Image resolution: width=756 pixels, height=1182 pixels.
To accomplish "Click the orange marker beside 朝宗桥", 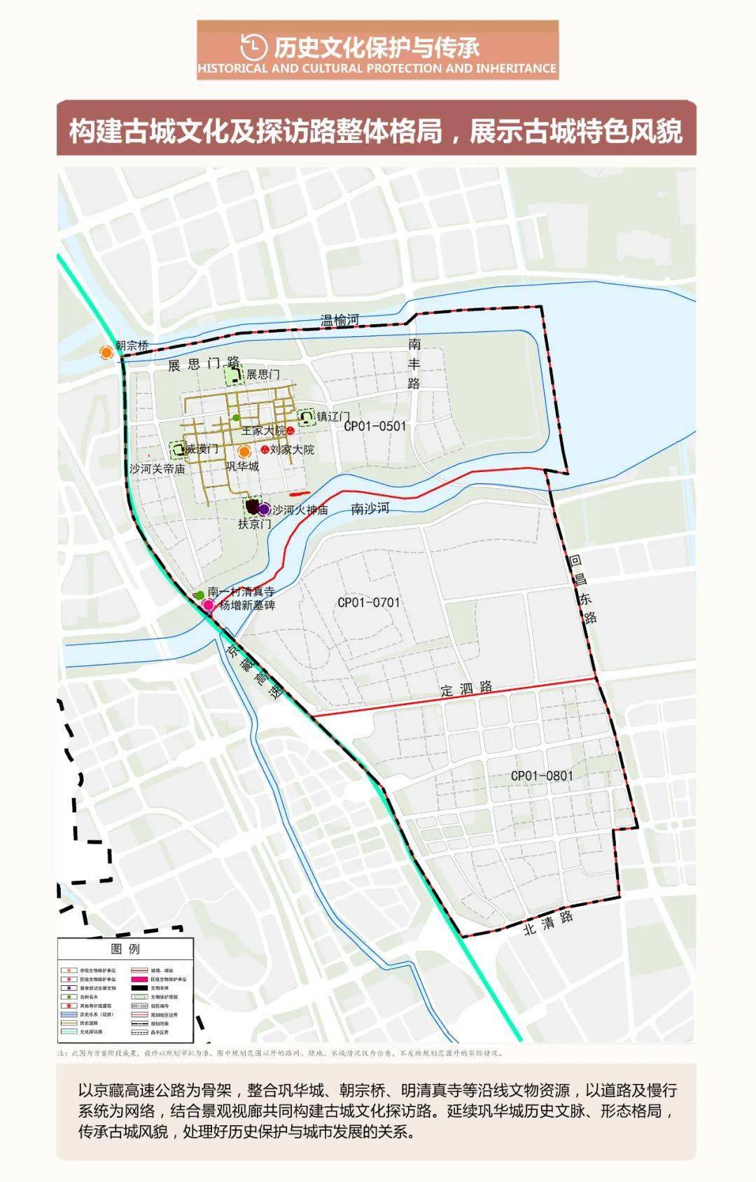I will point(106,352).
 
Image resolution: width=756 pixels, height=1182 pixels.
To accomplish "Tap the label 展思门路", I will point(204,364).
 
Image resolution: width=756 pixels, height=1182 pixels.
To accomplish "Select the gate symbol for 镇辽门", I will point(306,418).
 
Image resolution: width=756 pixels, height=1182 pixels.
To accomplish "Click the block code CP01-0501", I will point(375,426).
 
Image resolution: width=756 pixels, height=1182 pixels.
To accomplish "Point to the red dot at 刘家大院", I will point(265,449).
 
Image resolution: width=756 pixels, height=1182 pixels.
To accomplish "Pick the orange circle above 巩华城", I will point(244,452).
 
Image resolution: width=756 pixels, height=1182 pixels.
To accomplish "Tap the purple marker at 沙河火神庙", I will point(264,509).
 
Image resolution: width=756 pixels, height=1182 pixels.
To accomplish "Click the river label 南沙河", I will point(370,508).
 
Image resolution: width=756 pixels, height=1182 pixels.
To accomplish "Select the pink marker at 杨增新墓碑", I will point(208,605).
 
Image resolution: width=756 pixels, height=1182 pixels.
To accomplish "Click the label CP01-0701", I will point(369,602).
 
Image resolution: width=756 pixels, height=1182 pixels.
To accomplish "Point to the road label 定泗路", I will point(466,688).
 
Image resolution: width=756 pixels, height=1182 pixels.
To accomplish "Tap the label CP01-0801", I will point(542,776).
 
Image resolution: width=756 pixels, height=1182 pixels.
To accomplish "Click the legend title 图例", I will point(125,949).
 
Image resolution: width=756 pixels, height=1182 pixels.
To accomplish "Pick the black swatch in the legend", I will point(140,988).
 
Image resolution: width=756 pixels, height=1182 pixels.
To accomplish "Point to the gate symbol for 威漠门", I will point(177,449).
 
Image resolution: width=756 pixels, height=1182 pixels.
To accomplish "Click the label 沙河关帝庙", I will point(157,468).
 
